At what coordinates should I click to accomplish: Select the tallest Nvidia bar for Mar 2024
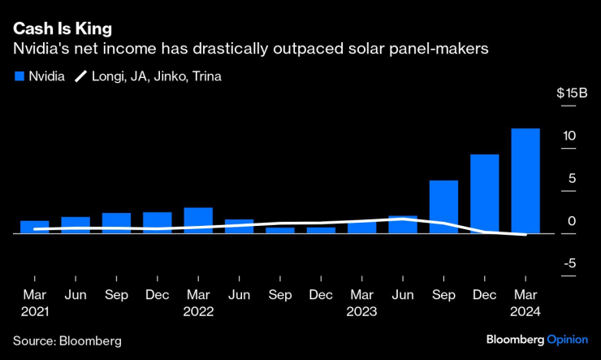pos(525,180)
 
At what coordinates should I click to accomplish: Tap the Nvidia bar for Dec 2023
pos(484,193)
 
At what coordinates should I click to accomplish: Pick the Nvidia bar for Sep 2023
pos(443,206)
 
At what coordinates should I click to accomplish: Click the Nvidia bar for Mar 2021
pos(35,227)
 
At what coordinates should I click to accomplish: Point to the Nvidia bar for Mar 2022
pos(198,220)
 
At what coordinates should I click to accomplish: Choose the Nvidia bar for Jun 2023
pos(403,224)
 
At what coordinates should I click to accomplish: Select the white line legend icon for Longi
pos(81,77)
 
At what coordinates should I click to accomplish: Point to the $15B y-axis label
pos(572,93)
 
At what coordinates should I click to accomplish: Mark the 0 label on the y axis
pos(572,220)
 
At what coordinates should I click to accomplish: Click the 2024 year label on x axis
pos(525,311)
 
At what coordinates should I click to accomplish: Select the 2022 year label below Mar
pos(198,311)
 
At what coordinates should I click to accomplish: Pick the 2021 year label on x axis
pos(35,311)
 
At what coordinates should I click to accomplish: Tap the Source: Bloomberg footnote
pos(67,340)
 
